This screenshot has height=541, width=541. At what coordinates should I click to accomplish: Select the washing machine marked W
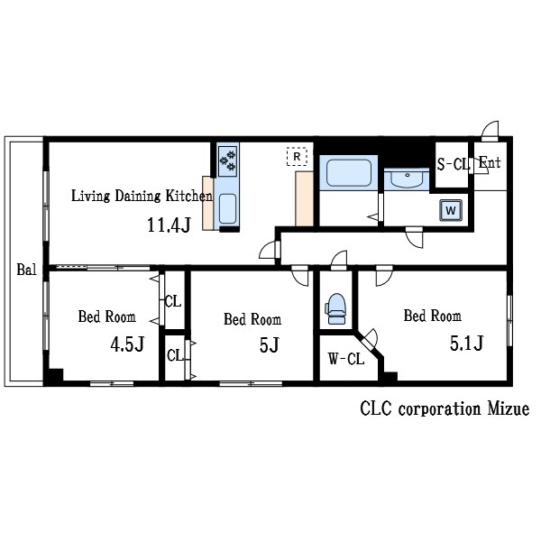click(450, 210)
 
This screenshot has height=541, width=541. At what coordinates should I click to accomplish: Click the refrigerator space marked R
click(295, 156)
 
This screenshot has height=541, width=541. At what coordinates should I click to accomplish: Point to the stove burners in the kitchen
click(227, 161)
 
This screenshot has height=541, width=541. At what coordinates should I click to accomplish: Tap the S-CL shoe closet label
click(453, 164)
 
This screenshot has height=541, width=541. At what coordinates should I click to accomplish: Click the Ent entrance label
click(490, 163)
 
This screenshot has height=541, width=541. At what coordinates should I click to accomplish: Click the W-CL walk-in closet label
click(345, 359)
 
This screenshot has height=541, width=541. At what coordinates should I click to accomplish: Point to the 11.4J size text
click(169, 225)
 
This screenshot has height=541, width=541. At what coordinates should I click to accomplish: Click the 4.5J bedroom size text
click(127, 344)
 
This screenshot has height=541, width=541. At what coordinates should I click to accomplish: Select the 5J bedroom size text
click(270, 344)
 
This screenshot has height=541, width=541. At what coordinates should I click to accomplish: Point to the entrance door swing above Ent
click(489, 132)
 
